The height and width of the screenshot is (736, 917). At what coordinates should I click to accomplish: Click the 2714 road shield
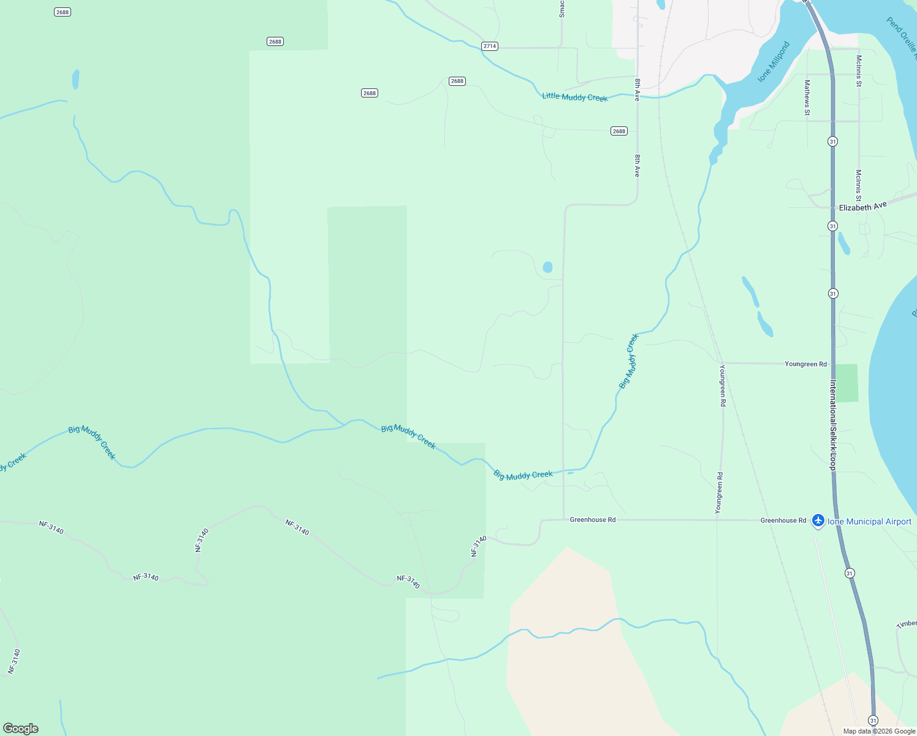[489, 46]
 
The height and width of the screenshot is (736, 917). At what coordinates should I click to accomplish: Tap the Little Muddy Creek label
[574, 97]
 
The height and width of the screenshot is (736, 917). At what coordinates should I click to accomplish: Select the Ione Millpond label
[774, 62]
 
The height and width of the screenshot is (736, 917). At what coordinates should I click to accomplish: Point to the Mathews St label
[807, 98]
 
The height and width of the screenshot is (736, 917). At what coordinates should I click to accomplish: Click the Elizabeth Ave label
[862, 207]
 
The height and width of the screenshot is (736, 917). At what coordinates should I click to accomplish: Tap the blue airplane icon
[818, 521]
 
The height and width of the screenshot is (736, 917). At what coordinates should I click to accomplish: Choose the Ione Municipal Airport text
[869, 521]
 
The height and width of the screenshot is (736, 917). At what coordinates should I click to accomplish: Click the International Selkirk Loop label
[833, 425]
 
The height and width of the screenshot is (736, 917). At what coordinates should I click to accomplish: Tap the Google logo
[21, 728]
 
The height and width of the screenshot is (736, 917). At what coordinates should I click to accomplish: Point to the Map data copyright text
[879, 731]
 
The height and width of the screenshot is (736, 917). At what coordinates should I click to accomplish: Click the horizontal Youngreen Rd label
[805, 364]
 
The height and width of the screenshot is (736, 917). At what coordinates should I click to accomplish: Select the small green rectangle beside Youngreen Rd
[846, 383]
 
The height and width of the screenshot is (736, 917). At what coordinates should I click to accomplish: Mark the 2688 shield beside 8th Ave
[619, 131]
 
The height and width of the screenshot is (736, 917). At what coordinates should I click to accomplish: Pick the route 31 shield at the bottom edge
[873, 720]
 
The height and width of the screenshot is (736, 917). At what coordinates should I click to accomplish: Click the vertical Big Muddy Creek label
[629, 361]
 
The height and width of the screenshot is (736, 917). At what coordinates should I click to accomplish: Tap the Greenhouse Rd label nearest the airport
[783, 520]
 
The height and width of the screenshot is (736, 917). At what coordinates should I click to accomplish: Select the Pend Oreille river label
[901, 35]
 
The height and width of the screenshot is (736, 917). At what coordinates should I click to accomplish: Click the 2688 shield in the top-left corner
[62, 12]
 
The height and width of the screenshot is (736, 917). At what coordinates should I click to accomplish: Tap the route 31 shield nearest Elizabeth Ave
[832, 226]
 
